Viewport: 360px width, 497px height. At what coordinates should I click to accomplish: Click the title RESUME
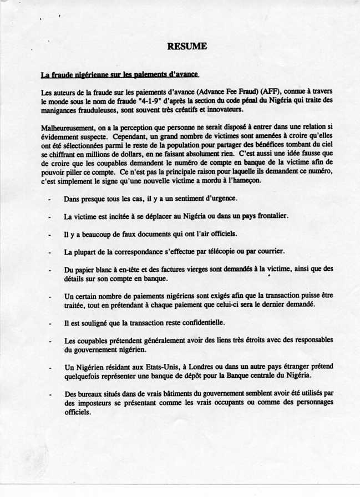click(x=186, y=47)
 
